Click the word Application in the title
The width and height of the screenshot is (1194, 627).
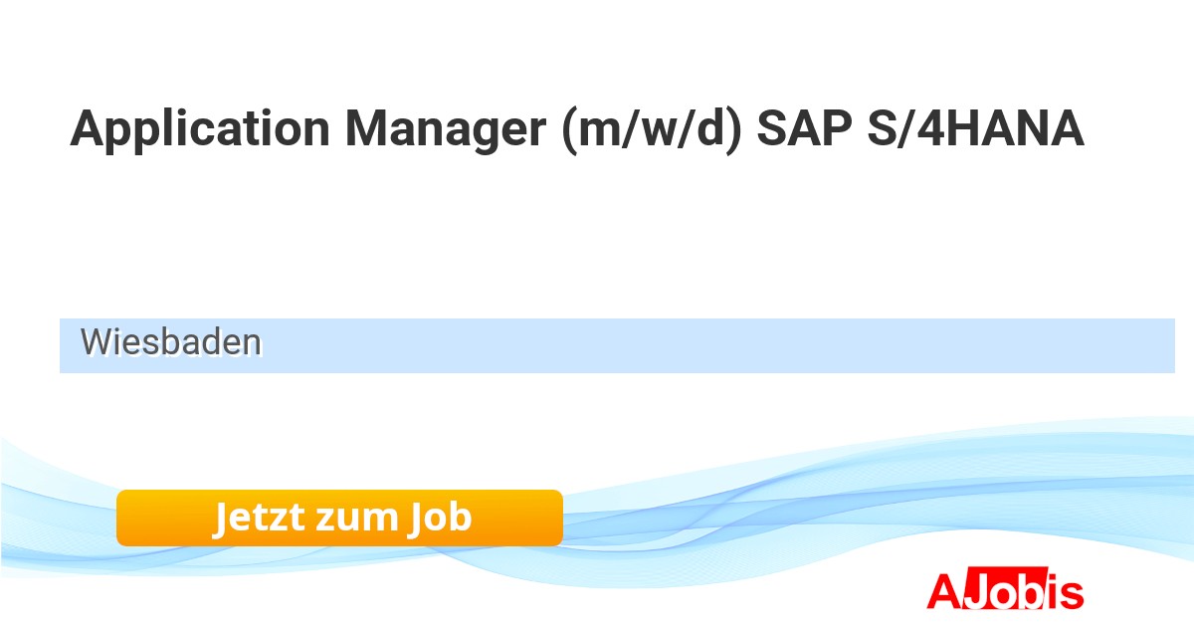pyautogui.click(x=200, y=130)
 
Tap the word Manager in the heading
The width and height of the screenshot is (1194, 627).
pyautogui.click(x=446, y=130)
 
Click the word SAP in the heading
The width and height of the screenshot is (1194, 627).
pyautogui.click(x=804, y=128)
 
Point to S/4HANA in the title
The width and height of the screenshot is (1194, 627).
pyautogui.click(x=975, y=128)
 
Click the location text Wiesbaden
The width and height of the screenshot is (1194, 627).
pyautogui.click(x=171, y=341)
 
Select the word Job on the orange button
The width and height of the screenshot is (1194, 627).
pyautogui.click(x=440, y=518)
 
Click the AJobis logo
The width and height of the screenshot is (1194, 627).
pyautogui.click(x=1005, y=589)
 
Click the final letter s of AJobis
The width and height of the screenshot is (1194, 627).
pyautogui.click(x=1072, y=594)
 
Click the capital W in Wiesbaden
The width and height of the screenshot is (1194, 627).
pyautogui.click(x=100, y=341)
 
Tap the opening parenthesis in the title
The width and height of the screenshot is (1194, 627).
pyautogui.click(x=569, y=131)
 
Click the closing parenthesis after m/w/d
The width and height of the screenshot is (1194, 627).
pyautogui.click(x=734, y=131)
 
